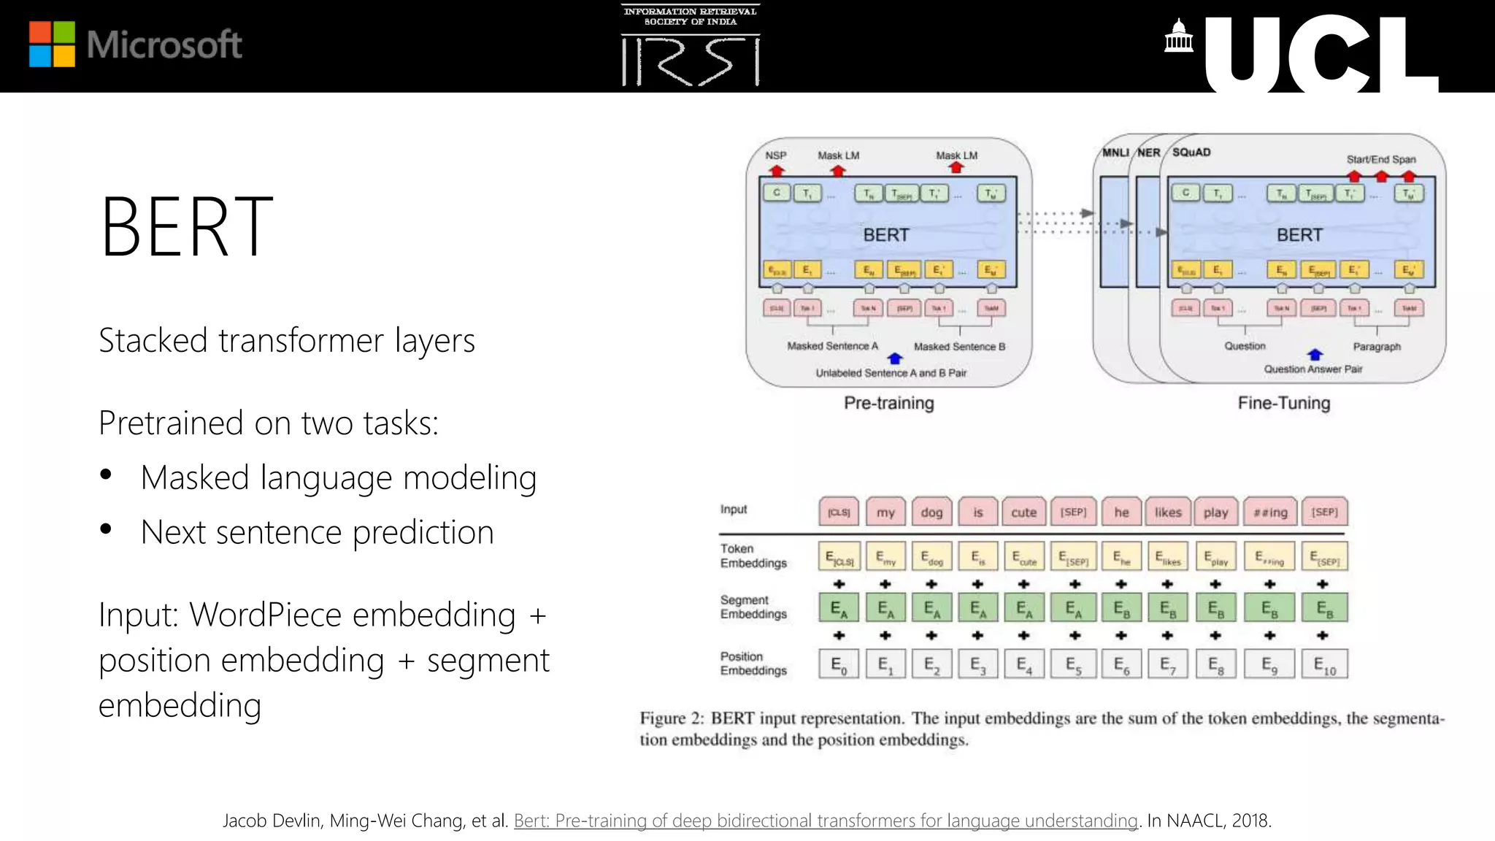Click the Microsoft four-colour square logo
(52, 44)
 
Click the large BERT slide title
(186, 227)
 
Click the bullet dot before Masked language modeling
(107, 475)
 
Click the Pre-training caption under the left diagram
(888, 403)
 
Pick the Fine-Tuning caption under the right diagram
(1283, 403)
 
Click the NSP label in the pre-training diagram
(775, 155)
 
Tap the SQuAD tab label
(1191, 152)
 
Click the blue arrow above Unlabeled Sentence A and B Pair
(895, 358)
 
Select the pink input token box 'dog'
(931, 512)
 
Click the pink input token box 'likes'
(1168, 512)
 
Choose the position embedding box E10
(1324, 664)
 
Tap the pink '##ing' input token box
(1270, 512)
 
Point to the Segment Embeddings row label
(753, 607)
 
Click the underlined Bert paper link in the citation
(826, 821)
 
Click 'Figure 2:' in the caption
(672, 718)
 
